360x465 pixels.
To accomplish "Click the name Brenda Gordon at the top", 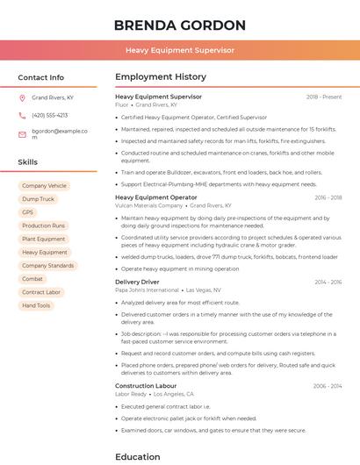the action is coord(179,25).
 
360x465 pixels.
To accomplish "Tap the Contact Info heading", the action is coord(40,77).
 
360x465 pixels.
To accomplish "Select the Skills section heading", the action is coord(28,162).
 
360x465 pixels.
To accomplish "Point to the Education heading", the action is coord(137,456).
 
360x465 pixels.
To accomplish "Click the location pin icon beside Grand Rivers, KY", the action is coord(22,98).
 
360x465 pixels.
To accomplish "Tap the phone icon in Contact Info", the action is coord(22,116).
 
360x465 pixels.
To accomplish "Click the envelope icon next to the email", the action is coord(22,134).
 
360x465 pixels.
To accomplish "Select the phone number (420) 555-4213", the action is coord(49,116).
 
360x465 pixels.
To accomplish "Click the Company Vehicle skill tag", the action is coord(44,186).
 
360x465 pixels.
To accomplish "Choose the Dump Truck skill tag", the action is coord(38,199).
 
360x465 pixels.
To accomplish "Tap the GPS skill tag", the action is coord(27,212).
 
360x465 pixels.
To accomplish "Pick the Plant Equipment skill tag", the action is coord(43,239).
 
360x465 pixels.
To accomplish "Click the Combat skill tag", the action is coord(32,279).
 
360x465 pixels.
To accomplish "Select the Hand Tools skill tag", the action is coord(36,305).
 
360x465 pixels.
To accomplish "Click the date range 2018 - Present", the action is coord(323,97).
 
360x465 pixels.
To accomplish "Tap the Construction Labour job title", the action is coord(146,386).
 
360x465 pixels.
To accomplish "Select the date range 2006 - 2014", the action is coord(327,386).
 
